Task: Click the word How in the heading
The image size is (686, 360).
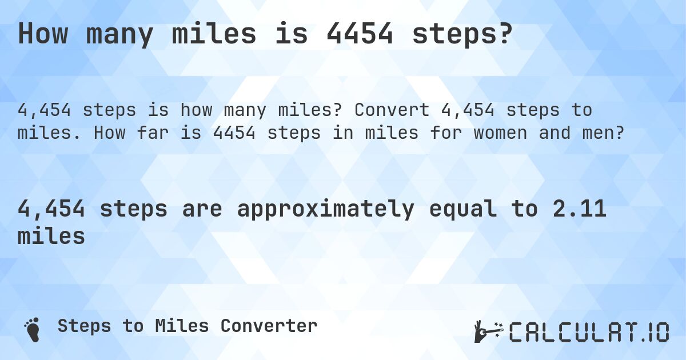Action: pyautogui.click(x=43, y=34)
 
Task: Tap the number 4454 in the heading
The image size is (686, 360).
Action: pyautogui.click(x=360, y=34)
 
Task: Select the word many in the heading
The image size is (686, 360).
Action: pyautogui.click(x=119, y=34)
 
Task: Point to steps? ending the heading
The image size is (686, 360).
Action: pyautogui.click(x=461, y=34)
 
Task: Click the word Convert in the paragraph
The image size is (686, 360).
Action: pyautogui.click(x=387, y=110)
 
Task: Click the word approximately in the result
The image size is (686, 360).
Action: pyautogui.click(x=325, y=209)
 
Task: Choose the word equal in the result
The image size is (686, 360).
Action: pyautogui.click(x=461, y=209)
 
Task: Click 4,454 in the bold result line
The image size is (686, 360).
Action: pyautogui.click(x=51, y=209)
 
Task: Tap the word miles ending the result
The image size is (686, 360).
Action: pyautogui.click(x=51, y=235)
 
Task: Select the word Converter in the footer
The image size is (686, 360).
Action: pyautogui.click(x=269, y=326)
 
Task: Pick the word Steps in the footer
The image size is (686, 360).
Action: pyautogui.click(x=85, y=326)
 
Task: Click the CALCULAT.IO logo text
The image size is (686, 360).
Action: pyautogui.click(x=589, y=331)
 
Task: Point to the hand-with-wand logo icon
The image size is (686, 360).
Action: pyautogui.click(x=488, y=331)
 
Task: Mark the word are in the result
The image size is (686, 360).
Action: pyautogui.click(x=202, y=209)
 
